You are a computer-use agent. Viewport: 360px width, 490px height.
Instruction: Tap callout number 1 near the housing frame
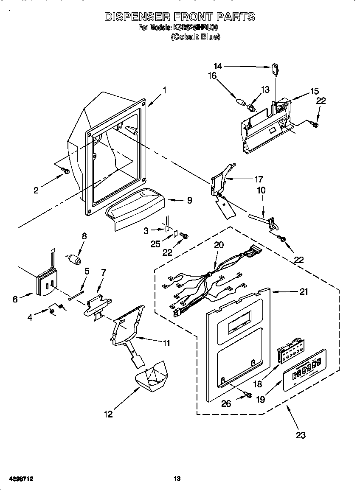coord(164,90)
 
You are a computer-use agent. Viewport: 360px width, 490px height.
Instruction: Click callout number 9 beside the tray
coord(189,200)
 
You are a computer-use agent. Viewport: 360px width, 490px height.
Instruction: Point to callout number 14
coord(218,66)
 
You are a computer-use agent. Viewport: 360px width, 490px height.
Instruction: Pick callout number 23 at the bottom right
coord(301,435)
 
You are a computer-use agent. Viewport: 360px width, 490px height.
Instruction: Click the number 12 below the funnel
coord(108,414)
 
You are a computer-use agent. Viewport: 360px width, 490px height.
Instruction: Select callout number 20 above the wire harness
coord(219,245)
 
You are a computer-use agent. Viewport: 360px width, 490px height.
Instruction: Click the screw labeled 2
coord(65,170)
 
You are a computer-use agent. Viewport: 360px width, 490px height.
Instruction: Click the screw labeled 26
coord(248,395)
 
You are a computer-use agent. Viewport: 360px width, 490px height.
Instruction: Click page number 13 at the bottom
coord(177,479)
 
